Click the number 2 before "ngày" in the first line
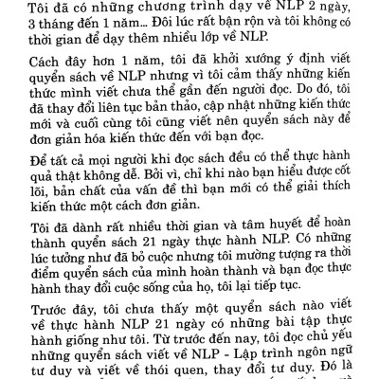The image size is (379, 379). pos(334,9)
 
